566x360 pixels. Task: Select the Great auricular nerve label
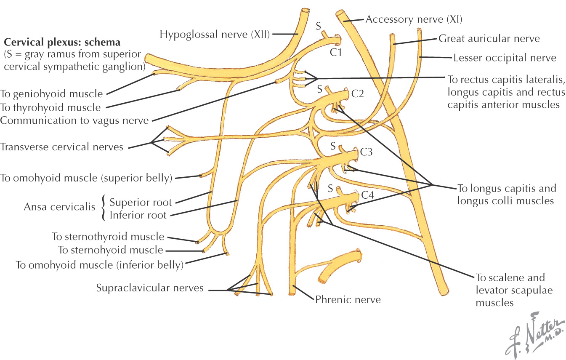point(489,39)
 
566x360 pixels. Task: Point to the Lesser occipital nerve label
point(505,58)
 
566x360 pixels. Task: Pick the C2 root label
point(357,94)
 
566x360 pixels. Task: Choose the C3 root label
point(367,152)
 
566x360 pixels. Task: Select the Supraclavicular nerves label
point(150,288)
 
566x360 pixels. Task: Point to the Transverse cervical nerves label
point(61,147)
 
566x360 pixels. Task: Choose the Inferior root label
point(138,215)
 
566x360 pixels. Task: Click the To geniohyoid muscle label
point(51,93)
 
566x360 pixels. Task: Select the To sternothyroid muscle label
point(108,237)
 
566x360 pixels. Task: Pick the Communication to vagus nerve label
point(74,120)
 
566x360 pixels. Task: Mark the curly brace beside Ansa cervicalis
point(104,208)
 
